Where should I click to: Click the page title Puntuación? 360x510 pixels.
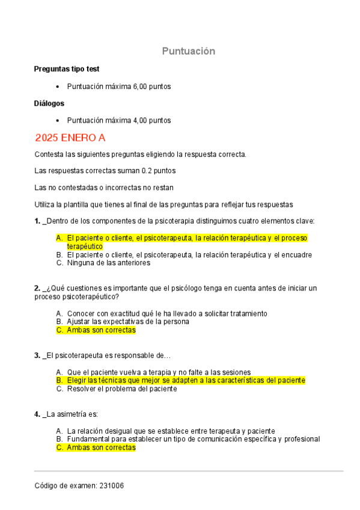pos(188,51)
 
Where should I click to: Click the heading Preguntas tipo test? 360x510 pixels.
pos(67,69)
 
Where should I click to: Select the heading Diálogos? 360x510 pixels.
pos(49,103)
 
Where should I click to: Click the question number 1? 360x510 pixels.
pos(37,221)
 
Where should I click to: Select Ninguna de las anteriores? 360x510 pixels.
pos(108,263)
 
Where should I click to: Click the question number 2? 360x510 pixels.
pos(37,288)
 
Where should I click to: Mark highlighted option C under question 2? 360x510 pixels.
pos(101,330)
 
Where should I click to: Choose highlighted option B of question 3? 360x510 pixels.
pos(186,381)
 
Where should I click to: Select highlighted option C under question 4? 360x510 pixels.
pos(101,447)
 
